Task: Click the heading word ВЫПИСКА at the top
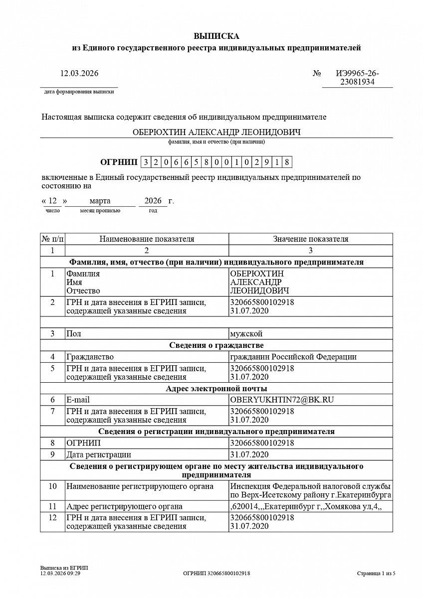(x=216, y=36)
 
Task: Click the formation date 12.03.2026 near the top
(x=79, y=73)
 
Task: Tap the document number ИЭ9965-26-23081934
(x=357, y=78)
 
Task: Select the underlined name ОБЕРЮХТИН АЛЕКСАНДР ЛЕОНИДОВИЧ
(x=216, y=132)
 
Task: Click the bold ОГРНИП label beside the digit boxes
(x=119, y=162)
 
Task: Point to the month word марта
(x=100, y=201)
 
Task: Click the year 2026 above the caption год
(x=153, y=201)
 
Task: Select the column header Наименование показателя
(x=147, y=239)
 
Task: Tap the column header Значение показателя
(x=310, y=239)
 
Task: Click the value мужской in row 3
(x=246, y=334)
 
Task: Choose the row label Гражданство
(x=90, y=357)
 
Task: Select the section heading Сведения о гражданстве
(x=216, y=345)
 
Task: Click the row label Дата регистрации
(x=99, y=454)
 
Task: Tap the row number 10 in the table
(x=52, y=486)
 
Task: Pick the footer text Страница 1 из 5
(x=376, y=574)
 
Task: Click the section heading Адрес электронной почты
(x=216, y=389)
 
